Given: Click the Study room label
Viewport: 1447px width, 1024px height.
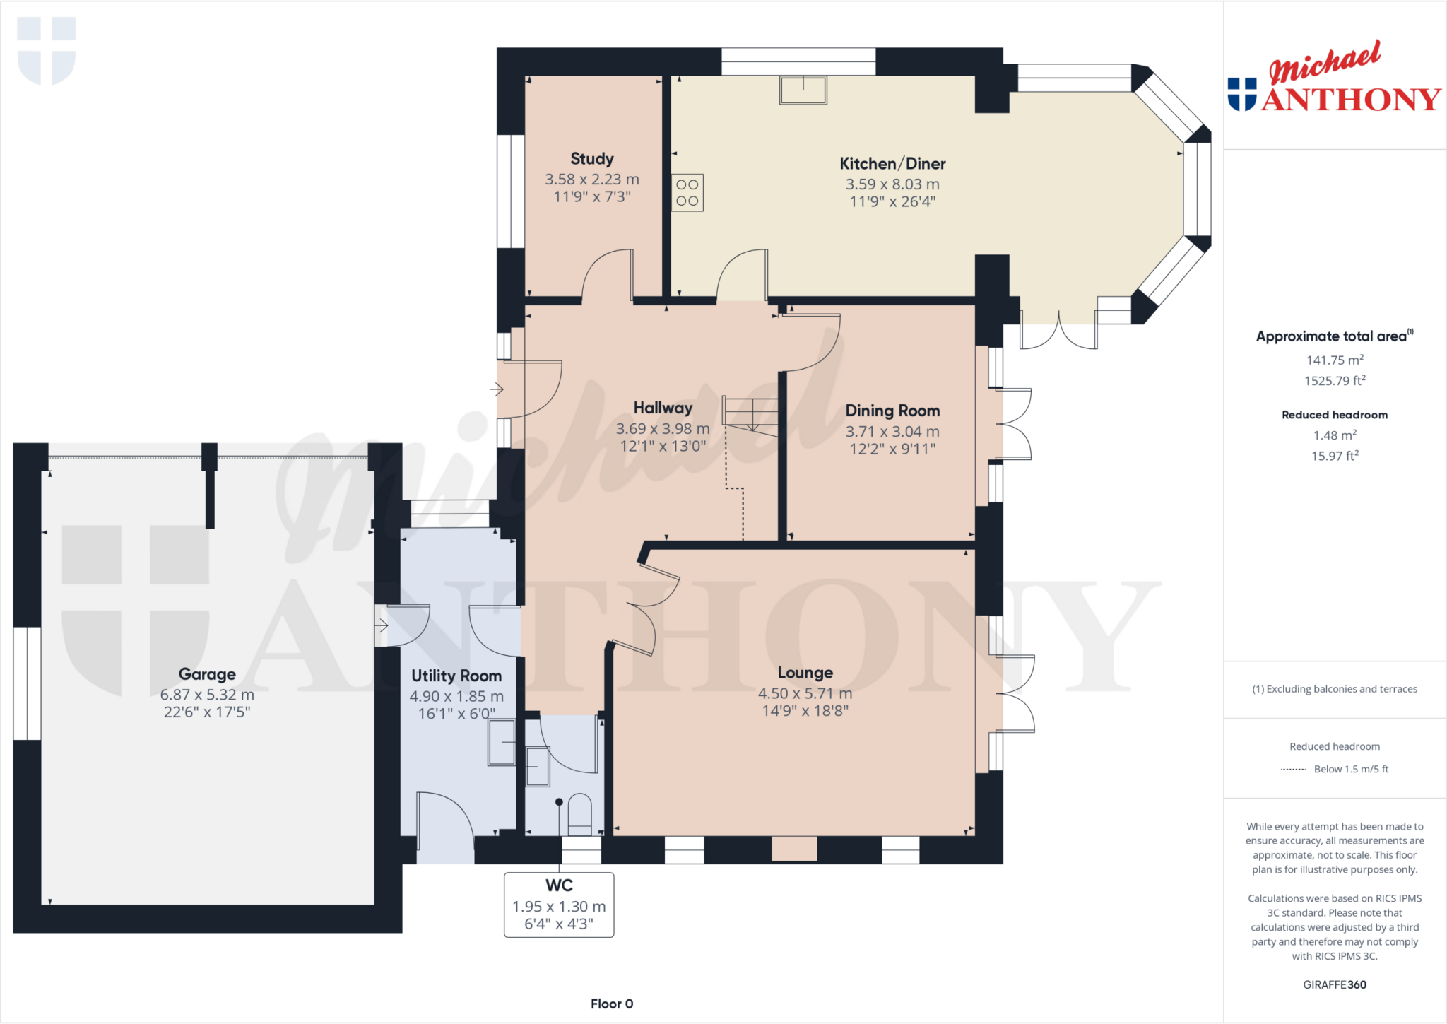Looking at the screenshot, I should coord(591,159).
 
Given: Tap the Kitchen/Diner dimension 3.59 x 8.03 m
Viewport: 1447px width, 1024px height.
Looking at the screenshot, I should coord(892,184).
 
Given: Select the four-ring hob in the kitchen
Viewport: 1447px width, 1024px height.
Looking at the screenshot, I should coord(687,193).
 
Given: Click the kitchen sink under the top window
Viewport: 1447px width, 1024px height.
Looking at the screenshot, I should coord(803,90).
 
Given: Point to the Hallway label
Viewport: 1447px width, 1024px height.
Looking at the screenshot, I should coord(663,408).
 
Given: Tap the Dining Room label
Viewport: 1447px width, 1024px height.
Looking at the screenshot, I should coord(892,411).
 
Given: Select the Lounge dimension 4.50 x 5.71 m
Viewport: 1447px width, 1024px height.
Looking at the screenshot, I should coord(805,693).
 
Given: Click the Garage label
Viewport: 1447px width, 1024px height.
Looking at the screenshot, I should coord(207,674).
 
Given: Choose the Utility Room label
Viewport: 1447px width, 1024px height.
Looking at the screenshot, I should coord(456,676).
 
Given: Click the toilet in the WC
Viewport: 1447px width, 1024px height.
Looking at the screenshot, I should coord(579,815).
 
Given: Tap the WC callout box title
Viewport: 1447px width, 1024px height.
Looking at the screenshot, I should coord(559,885).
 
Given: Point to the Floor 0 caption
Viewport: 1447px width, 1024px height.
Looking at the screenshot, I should coord(612,1004).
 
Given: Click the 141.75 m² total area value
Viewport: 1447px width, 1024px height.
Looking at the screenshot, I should coord(1334,360).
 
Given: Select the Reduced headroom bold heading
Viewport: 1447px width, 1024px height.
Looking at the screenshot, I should coord(1334,415).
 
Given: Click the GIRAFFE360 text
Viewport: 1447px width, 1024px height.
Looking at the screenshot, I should coord(1334,984).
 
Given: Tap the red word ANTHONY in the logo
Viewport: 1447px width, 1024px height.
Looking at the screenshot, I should coord(1351,100).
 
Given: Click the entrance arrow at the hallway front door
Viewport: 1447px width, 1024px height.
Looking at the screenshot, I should coord(497,389).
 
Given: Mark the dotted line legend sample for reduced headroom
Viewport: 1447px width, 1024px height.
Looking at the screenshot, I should coord(1293,769).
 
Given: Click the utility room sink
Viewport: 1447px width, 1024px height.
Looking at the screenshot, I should coord(502,742).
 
